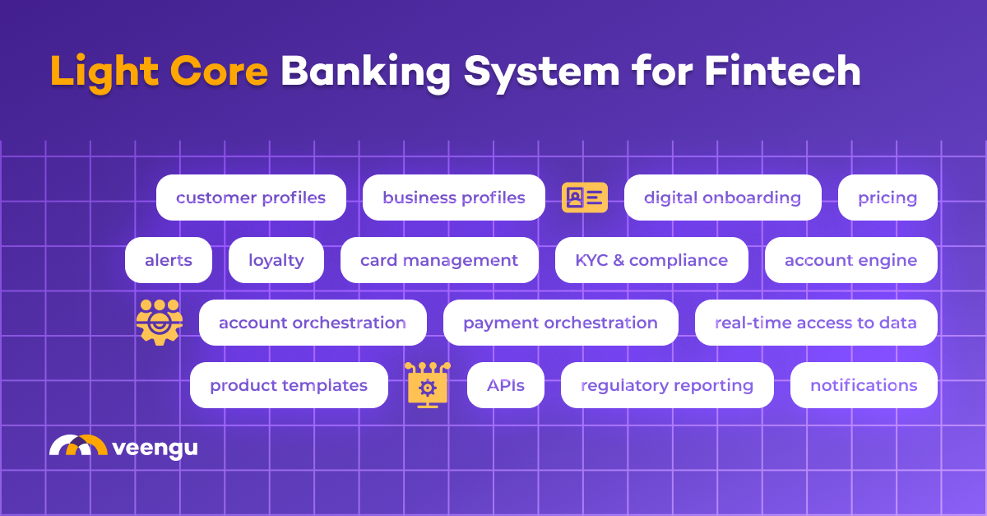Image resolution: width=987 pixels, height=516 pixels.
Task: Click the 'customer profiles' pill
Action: [x=251, y=198]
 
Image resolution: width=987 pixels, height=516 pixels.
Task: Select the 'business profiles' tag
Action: [x=453, y=198]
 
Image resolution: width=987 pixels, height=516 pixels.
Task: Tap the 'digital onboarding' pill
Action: [x=722, y=198]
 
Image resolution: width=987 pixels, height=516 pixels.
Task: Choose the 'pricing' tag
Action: [x=887, y=198]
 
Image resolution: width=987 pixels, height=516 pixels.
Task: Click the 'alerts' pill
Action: [x=169, y=260]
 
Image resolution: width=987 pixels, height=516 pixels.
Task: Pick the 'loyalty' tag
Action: [x=276, y=260]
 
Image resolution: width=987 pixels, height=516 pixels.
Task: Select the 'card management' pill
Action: [x=439, y=260]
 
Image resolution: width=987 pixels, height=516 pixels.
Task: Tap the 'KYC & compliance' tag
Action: [x=651, y=260]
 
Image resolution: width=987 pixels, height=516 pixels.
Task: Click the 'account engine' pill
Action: [x=850, y=260]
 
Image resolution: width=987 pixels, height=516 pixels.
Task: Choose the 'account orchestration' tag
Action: [x=313, y=323]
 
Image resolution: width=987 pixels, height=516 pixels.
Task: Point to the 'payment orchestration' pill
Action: [x=560, y=323]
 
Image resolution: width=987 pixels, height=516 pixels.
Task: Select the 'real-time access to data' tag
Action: [x=816, y=323]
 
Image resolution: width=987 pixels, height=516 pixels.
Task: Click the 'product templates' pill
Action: [x=289, y=385]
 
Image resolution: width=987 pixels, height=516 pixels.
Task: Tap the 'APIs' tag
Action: [x=506, y=385]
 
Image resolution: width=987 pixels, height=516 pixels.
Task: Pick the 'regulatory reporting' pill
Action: [x=667, y=385]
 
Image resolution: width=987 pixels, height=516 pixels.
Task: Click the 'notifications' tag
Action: [x=864, y=385]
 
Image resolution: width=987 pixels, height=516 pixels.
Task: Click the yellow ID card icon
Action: [x=585, y=198]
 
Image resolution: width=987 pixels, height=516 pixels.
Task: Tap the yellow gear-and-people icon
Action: [x=159, y=322]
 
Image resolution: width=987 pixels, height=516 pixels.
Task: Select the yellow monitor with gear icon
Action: [x=428, y=384]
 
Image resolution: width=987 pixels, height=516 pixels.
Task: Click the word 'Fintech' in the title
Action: [x=782, y=72]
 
